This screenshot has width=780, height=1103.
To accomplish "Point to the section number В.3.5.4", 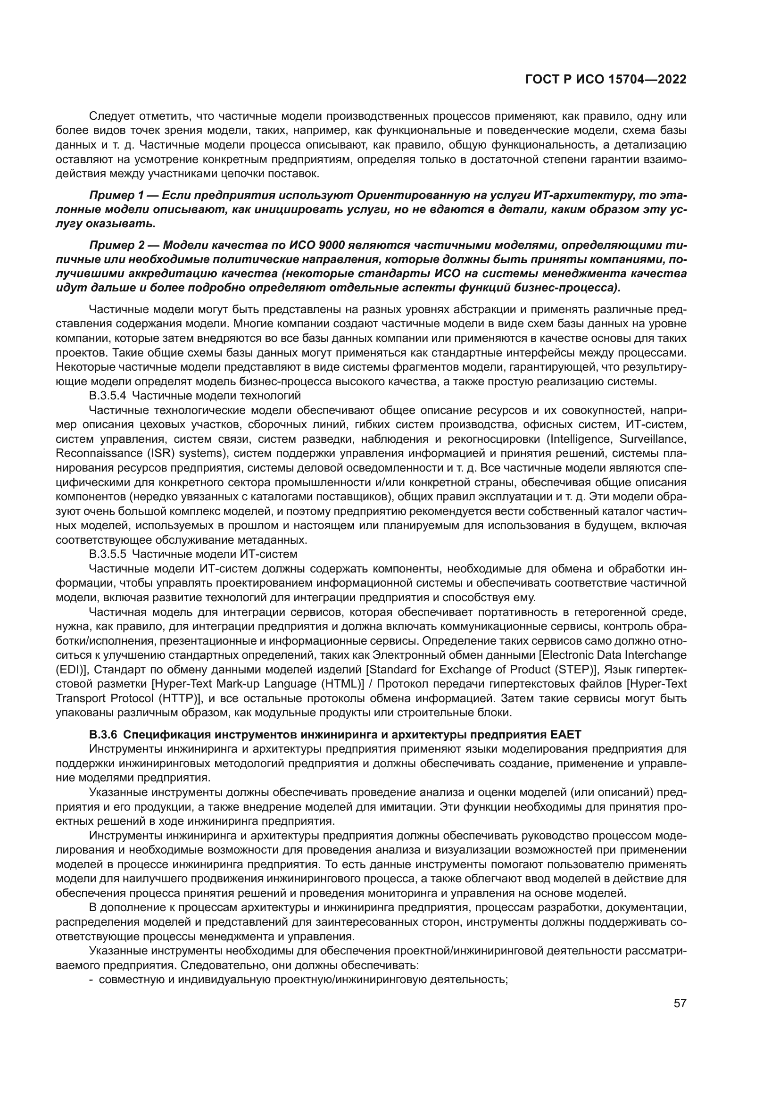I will pos(108,396).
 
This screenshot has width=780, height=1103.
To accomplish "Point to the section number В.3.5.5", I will pos(108,554).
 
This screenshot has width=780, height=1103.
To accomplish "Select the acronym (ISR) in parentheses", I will pos(145,454).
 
